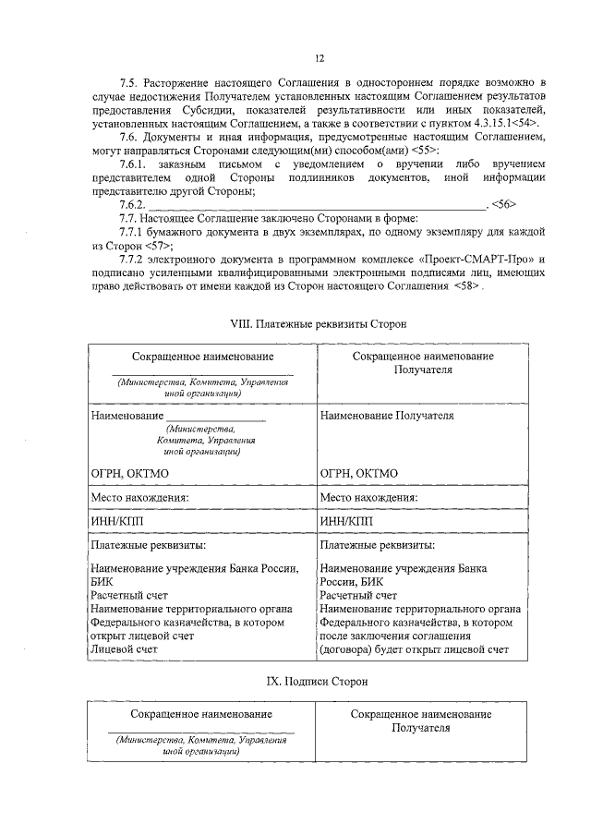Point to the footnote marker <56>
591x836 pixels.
pyautogui.click(x=503, y=204)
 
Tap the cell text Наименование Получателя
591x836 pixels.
pyautogui.click(x=387, y=416)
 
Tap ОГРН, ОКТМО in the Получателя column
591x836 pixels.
pyautogui.click(x=359, y=473)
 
